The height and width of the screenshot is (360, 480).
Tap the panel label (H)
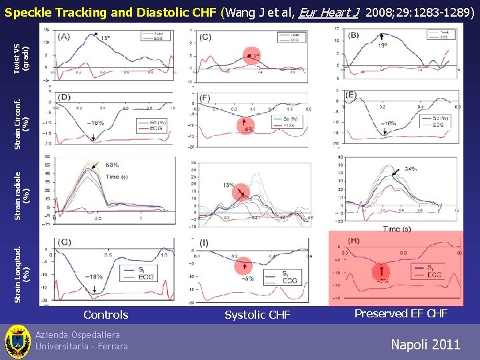tap(354, 241)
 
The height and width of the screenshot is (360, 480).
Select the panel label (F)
tap(206, 98)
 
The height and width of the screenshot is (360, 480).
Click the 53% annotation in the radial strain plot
tap(111, 165)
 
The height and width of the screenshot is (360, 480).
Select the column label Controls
tap(105, 315)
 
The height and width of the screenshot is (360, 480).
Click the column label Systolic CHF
tap(257, 315)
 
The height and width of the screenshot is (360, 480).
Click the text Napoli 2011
tap(425, 344)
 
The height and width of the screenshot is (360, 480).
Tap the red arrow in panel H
tap(381, 270)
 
